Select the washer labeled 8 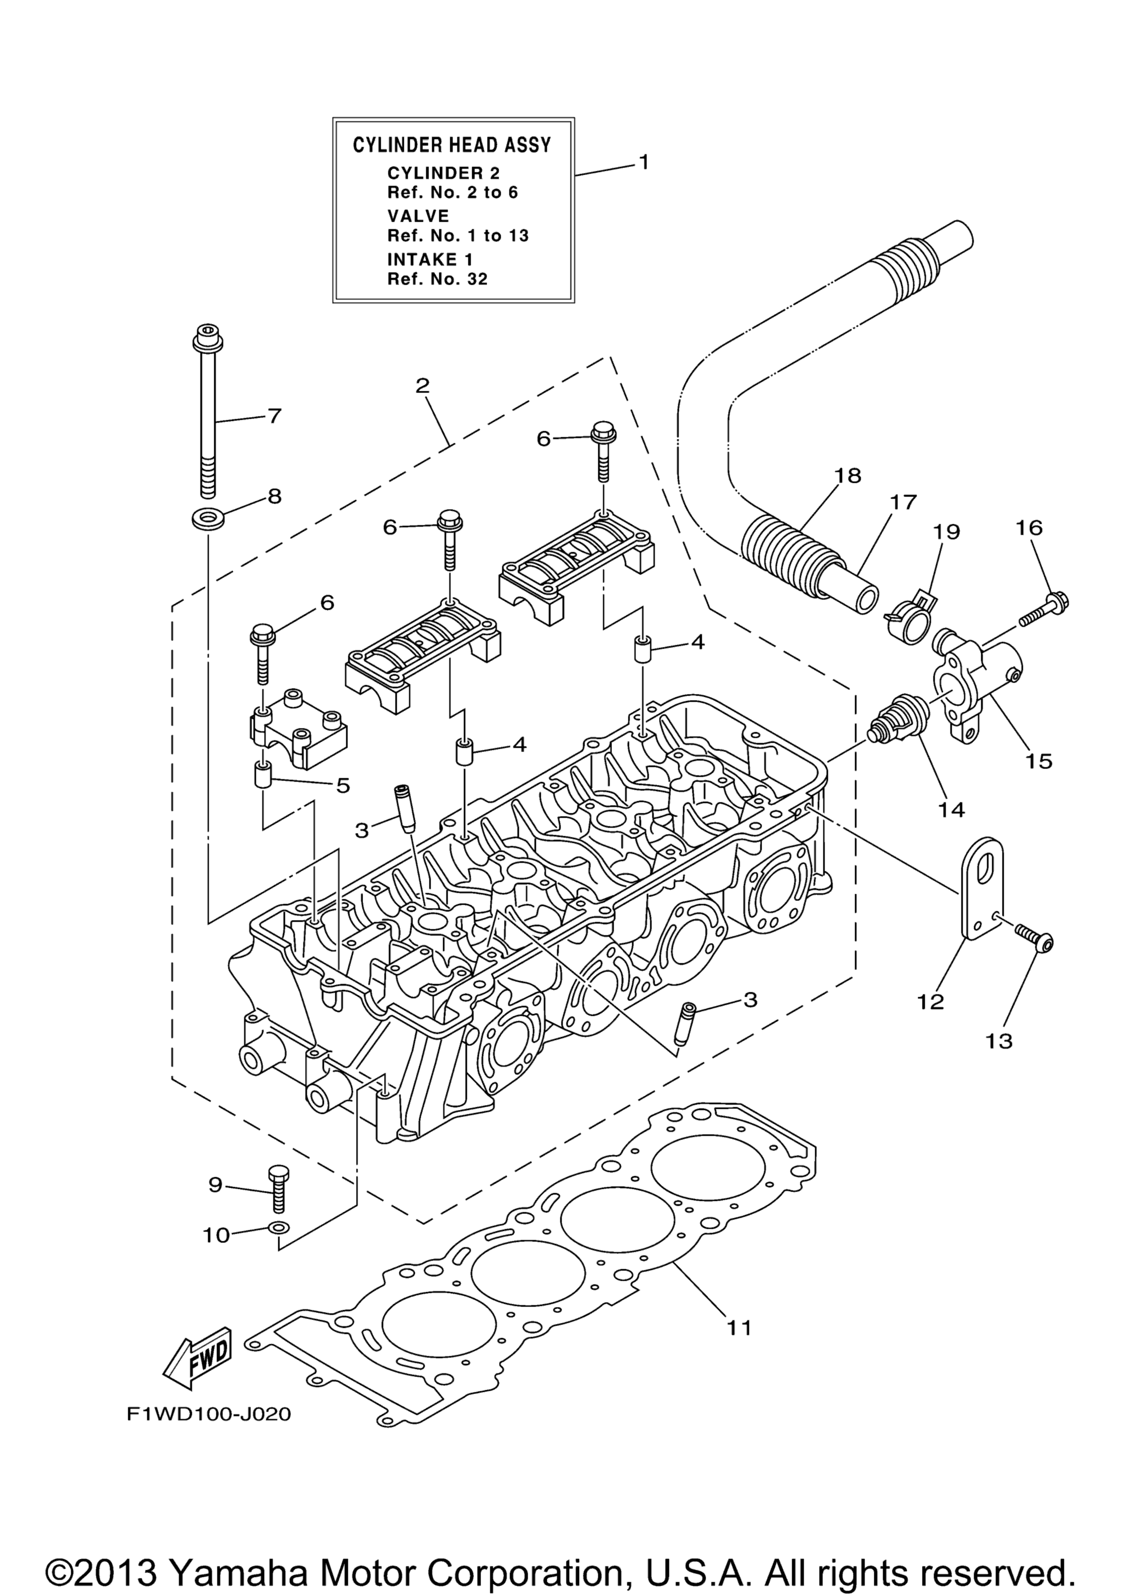(203, 518)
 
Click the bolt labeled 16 (1044, 607)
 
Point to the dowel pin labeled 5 (261, 775)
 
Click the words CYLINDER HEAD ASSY (452, 144)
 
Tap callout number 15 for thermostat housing (1039, 761)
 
